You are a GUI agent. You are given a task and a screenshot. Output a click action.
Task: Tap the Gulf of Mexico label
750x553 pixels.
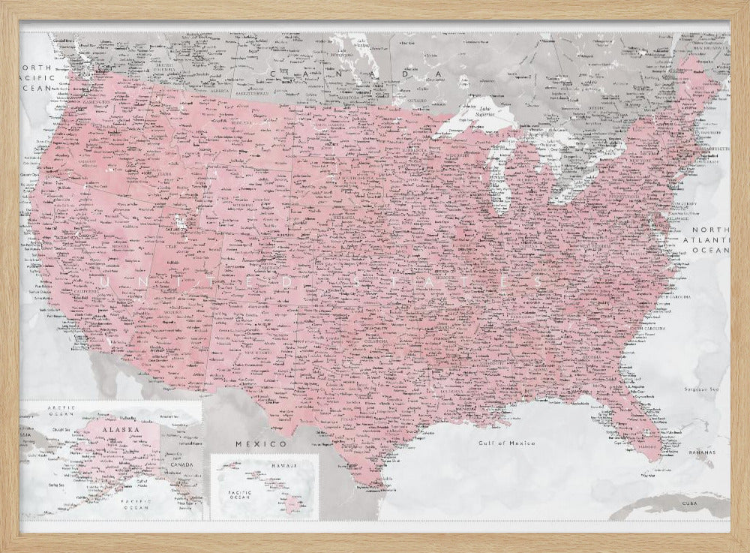pyautogui.click(x=507, y=444)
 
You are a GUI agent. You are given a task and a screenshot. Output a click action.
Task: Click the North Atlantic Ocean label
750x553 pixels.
pyautogui.click(x=709, y=240)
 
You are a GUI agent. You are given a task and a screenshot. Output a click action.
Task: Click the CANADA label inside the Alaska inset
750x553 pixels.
pyautogui.click(x=179, y=463)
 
